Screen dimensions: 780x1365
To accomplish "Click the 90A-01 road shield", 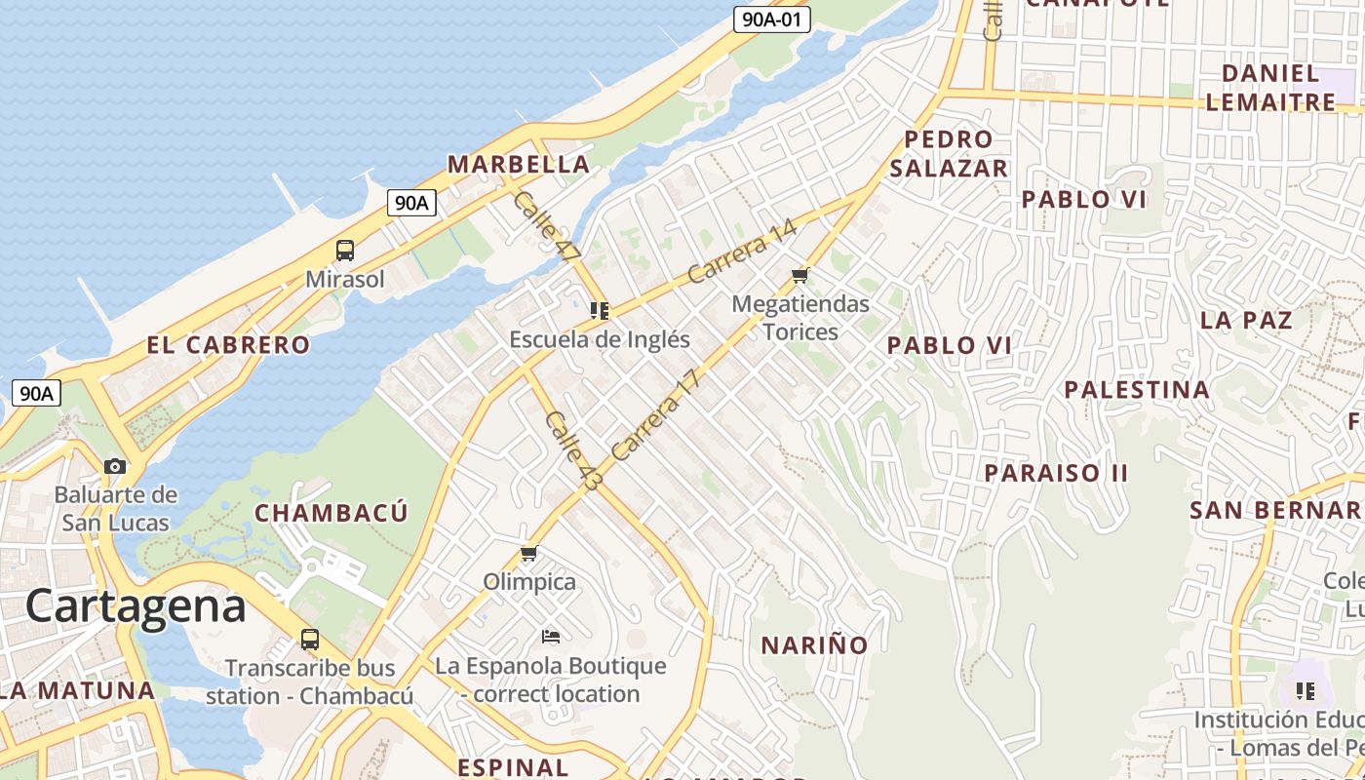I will [771, 19].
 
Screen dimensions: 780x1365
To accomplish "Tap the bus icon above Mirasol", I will [345, 250].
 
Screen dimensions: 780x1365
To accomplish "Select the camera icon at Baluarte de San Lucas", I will [115, 466].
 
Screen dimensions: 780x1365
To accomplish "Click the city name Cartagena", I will [136, 606].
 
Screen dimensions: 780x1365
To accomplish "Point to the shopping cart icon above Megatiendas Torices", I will [800, 275].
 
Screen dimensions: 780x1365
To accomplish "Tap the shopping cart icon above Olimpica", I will [529, 554].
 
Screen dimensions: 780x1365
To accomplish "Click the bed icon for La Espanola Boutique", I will [551, 637].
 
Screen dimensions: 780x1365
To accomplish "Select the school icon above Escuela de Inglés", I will [600, 311].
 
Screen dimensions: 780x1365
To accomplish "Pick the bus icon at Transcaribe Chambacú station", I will [310, 640].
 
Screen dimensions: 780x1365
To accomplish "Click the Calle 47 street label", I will [545, 226].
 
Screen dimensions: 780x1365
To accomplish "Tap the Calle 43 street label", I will [574, 449].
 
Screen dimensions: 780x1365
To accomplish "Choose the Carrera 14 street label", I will [742, 253].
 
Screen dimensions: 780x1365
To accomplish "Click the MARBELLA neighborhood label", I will [519, 165].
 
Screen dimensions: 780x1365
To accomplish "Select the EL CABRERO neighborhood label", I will [228, 345].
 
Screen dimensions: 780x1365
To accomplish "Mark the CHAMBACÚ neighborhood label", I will [331, 513].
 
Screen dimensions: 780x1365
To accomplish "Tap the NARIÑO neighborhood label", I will [814, 645].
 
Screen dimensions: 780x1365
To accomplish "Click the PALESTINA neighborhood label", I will [1136, 390].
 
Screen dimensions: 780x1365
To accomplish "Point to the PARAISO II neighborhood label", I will [1056, 473].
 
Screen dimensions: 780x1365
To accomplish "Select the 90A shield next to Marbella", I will [411, 203].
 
